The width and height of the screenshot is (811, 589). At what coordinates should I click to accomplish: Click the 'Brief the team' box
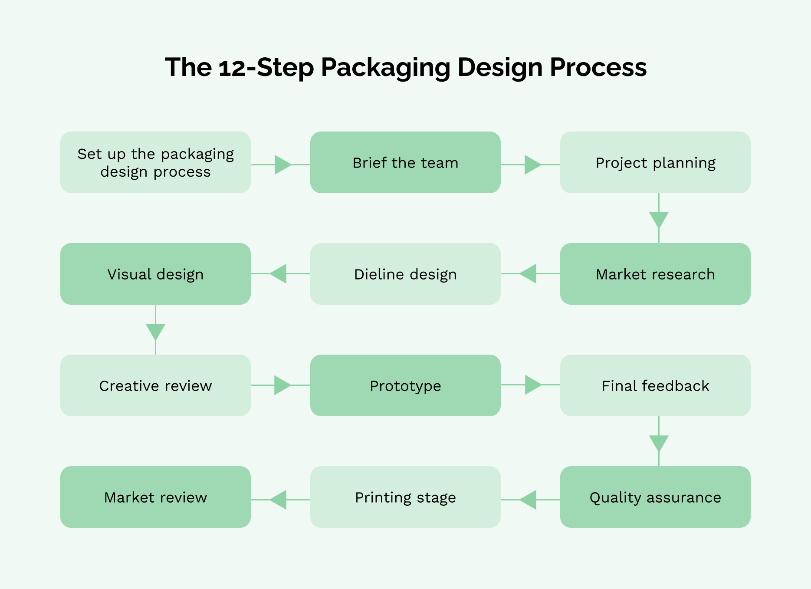pyautogui.click(x=405, y=162)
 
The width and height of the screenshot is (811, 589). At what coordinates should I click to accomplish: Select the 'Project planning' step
pyautogui.click(x=655, y=162)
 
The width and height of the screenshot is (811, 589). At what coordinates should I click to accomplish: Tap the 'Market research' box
pyautogui.click(x=655, y=274)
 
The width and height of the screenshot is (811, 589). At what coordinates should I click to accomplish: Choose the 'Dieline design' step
pyautogui.click(x=405, y=274)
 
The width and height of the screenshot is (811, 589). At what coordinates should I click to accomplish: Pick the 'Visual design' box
pyautogui.click(x=155, y=274)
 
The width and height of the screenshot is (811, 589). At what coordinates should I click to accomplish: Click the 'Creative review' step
pyautogui.click(x=155, y=385)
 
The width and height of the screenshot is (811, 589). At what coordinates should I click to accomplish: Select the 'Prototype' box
pyautogui.click(x=405, y=385)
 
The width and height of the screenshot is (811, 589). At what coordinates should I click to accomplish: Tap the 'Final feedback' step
pyautogui.click(x=655, y=385)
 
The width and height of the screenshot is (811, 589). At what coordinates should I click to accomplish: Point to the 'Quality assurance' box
pyautogui.click(x=655, y=497)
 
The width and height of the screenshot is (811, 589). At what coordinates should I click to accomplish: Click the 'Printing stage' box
pyautogui.click(x=405, y=497)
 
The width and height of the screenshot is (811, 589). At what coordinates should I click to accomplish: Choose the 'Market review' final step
pyautogui.click(x=155, y=497)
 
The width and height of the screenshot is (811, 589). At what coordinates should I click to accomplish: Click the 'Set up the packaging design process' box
pyautogui.click(x=155, y=162)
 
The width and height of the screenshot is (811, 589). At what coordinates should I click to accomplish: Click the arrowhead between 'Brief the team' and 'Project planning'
pyautogui.click(x=532, y=165)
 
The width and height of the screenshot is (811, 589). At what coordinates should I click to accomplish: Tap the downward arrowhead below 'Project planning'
pyautogui.click(x=659, y=219)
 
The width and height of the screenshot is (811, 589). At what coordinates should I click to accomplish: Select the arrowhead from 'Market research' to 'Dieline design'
pyautogui.click(x=529, y=274)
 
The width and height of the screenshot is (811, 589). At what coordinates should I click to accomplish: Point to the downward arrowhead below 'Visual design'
pyautogui.click(x=155, y=331)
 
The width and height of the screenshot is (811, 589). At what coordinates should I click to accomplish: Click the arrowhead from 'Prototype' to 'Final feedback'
pyautogui.click(x=532, y=385)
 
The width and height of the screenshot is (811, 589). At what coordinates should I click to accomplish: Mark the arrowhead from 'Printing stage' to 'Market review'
pyautogui.click(x=279, y=500)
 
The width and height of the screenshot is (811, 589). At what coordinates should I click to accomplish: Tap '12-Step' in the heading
pyautogui.click(x=266, y=68)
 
